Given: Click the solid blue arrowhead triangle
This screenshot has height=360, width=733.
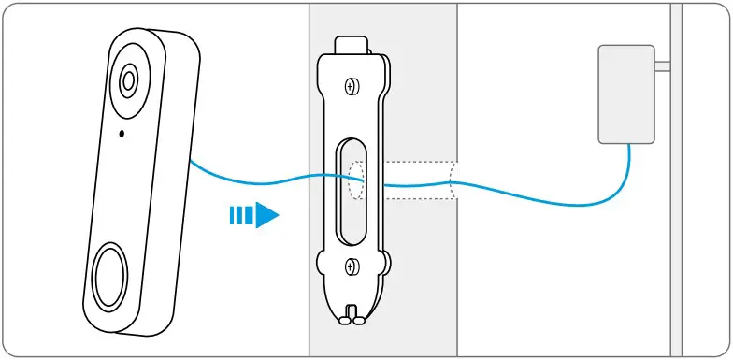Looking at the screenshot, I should (266, 217).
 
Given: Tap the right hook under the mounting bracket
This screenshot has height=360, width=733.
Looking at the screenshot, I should (358, 316).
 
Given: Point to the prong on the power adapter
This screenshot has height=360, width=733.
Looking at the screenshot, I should (662, 66).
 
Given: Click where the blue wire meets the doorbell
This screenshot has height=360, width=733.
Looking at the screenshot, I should (191, 161).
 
